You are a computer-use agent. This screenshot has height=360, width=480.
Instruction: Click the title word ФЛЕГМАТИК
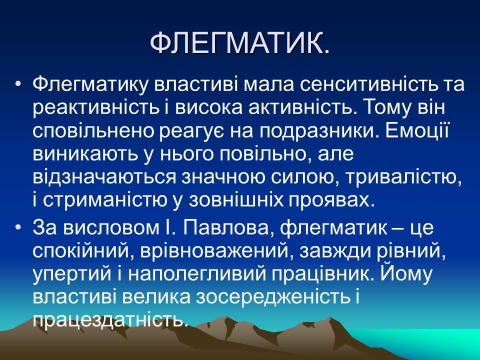pos(240,45)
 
